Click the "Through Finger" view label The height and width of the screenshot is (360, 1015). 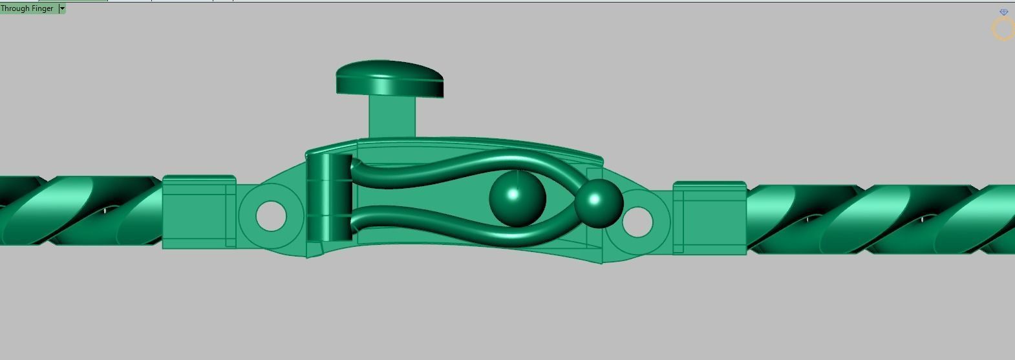(x=27, y=8)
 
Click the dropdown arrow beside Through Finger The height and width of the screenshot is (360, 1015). (x=62, y=8)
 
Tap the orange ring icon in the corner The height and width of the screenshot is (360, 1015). (x=1003, y=29)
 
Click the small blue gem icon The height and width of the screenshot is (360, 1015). (x=1003, y=12)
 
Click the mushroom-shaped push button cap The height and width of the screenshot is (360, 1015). (x=389, y=79)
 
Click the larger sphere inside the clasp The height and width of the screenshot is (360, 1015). (x=517, y=198)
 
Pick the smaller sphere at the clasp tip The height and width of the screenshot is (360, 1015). (x=598, y=202)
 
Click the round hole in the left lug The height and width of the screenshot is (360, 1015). (x=271, y=216)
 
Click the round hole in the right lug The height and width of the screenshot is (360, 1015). (x=637, y=222)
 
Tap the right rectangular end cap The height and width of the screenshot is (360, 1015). (x=709, y=218)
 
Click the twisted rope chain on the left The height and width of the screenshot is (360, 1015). (x=78, y=210)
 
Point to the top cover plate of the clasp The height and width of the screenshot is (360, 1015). (x=478, y=146)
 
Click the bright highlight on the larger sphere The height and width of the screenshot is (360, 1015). (x=513, y=193)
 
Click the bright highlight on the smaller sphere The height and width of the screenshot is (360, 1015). (x=594, y=200)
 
